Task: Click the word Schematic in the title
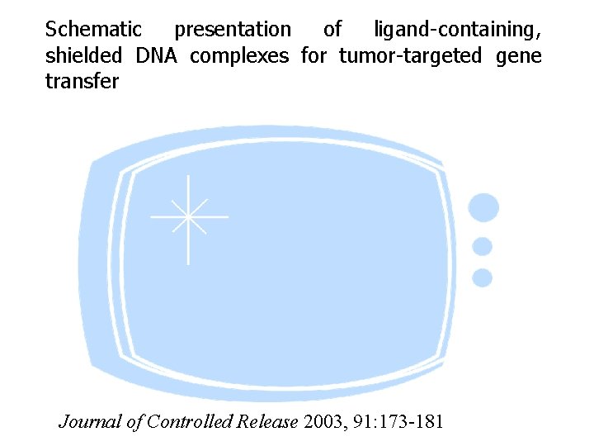click(93, 30)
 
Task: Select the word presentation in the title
click(233, 30)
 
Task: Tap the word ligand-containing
click(457, 30)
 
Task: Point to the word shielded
click(83, 55)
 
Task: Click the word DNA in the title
click(157, 55)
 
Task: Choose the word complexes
click(239, 55)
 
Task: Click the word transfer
click(82, 81)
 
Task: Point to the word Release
click(266, 421)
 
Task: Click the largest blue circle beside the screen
click(483, 207)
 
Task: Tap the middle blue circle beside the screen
click(483, 246)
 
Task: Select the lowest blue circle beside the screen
click(483, 278)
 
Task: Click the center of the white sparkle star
click(189, 217)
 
